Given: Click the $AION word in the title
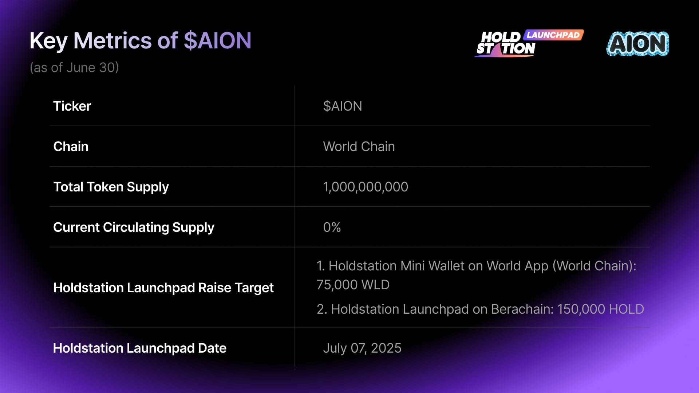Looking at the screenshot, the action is click(217, 40).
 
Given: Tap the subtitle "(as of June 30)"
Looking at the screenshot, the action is click(74, 68).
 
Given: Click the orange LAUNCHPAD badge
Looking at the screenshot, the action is click(553, 35).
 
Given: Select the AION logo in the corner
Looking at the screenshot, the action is click(638, 44).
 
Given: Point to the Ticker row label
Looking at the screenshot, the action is click(72, 106).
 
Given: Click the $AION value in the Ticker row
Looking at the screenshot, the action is click(343, 106).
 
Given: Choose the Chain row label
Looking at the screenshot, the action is click(71, 146).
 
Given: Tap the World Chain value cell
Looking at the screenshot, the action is click(359, 146).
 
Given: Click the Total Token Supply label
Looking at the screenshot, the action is click(111, 187).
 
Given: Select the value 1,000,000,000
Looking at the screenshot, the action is click(366, 187).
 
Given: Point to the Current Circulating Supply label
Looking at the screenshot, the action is click(134, 227).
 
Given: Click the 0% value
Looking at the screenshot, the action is click(332, 227).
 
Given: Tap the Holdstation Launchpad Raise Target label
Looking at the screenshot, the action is click(163, 288).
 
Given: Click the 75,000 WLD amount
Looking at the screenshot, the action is click(353, 285).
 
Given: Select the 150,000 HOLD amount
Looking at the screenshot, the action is click(601, 309).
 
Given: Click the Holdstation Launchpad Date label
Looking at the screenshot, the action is click(140, 348).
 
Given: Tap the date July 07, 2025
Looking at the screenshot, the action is click(362, 348).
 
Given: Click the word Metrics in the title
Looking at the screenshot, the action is click(112, 40).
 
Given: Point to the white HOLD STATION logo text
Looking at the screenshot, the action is click(506, 43).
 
